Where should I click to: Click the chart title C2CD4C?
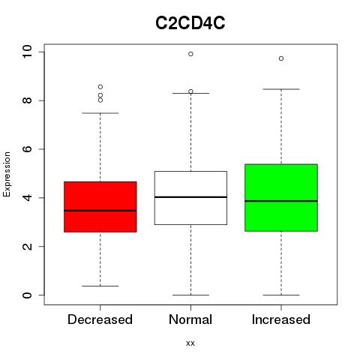(190, 23)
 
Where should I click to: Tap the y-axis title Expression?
(7, 174)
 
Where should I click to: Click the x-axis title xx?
(190, 343)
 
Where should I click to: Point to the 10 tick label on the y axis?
(27, 52)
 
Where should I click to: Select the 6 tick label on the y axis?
(27, 149)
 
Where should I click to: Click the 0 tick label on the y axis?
(27, 295)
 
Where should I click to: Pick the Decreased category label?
(100, 319)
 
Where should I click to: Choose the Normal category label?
(190, 319)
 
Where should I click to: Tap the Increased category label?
(281, 319)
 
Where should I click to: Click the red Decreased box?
(100, 207)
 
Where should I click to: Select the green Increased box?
(281, 198)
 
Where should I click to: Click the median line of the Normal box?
(190, 197)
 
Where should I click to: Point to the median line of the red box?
(100, 211)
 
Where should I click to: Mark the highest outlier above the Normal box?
(190, 54)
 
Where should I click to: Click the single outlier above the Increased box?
(281, 58)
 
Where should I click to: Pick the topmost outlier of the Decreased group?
(100, 87)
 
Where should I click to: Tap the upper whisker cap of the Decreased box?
(100, 113)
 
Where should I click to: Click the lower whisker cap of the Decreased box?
(100, 286)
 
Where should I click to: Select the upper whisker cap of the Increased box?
(281, 89)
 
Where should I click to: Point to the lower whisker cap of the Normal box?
(190, 295)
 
